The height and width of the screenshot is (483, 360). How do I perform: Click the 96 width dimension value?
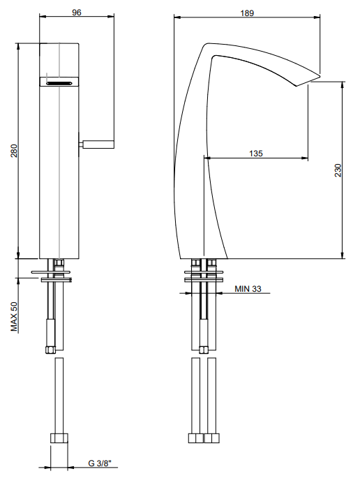77,12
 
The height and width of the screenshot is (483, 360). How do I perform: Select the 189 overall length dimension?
246,12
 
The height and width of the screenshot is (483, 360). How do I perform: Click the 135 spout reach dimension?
255,154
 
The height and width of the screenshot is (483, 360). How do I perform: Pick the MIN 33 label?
247,288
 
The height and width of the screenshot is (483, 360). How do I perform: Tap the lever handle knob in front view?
98,144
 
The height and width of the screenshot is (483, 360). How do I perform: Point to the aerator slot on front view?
59,82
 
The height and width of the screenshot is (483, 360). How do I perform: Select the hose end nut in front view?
59,440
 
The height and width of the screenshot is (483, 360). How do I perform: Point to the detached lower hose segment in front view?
59,394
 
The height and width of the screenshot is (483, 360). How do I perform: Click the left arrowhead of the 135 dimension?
208,158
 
